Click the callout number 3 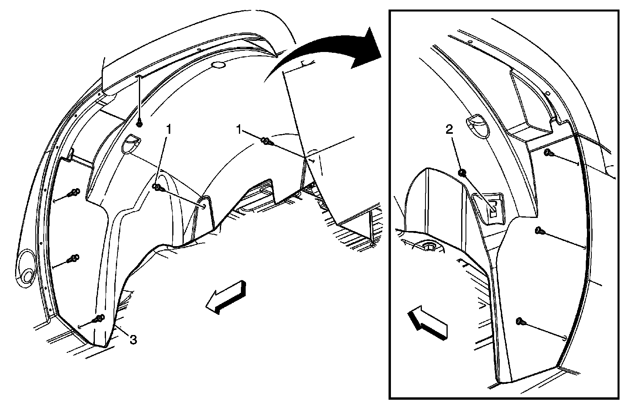[x=133, y=339]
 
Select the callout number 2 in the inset [x=449, y=129]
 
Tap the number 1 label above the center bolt [x=169, y=129]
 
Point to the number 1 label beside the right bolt [x=239, y=130]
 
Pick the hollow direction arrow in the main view [x=226, y=297]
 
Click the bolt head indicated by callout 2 [x=462, y=173]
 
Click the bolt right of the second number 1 [x=267, y=141]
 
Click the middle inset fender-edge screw [x=539, y=231]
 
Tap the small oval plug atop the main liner [x=219, y=65]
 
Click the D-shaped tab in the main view [x=131, y=144]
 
